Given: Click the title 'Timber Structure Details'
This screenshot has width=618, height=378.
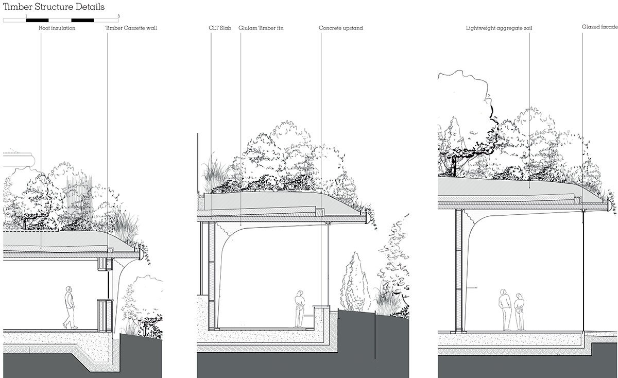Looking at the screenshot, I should pyautogui.click(x=54, y=7).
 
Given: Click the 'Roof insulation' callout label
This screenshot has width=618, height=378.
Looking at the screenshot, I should pyautogui.click(x=57, y=28).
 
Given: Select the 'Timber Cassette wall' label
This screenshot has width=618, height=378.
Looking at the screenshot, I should pyautogui.click(x=131, y=28).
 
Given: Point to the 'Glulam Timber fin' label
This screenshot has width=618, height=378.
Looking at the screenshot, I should pyautogui.click(x=261, y=28).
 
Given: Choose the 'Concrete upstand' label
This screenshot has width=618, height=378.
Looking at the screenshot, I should pyautogui.click(x=341, y=28).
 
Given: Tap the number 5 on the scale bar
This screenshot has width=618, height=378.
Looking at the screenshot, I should pyautogui.click(x=119, y=16).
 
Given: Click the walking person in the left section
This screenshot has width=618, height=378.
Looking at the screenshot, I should pyautogui.click(x=70, y=307).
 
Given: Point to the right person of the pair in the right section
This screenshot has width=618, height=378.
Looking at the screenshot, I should pyautogui.click(x=519, y=311).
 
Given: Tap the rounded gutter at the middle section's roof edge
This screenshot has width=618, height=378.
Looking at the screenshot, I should pyautogui.click(x=368, y=218).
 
